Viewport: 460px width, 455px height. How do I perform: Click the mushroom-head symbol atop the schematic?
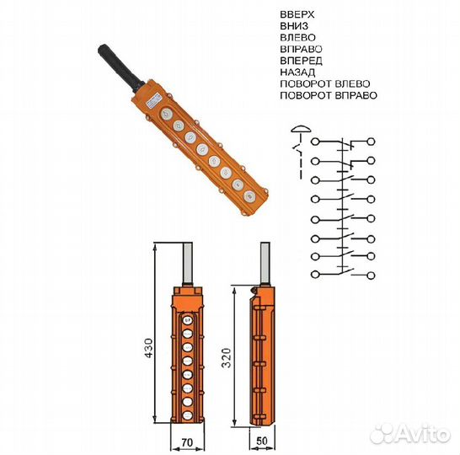[299, 129]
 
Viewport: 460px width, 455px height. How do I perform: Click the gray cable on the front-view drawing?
[186, 266]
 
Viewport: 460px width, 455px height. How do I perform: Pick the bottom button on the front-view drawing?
[187, 407]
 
